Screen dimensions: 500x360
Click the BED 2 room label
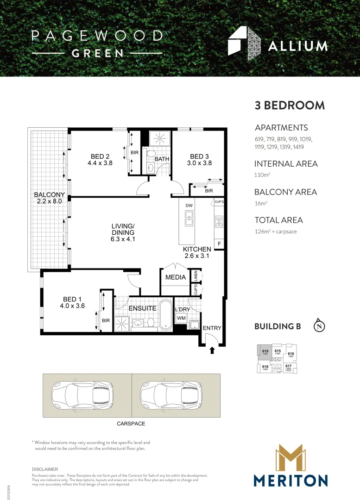[x=100, y=156]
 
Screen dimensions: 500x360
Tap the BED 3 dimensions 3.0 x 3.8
[x=199, y=163]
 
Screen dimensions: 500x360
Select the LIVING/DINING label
[x=123, y=229]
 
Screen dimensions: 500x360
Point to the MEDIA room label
[x=176, y=277]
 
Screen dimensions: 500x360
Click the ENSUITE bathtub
[x=165, y=315]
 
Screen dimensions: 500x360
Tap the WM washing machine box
[x=181, y=319]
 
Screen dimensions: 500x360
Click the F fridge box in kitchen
[x=219, y=243]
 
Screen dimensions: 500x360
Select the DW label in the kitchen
[x=189, y=206]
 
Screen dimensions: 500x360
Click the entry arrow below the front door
[x=213, y=350]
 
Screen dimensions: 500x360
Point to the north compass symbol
[x=319, y=325]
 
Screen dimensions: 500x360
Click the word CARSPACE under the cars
[x=130, y=424]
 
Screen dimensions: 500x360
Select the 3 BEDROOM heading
[x=290, y=105]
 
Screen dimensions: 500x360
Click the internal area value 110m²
[x=262, y=175]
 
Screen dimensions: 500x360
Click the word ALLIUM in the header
[x=298, y=46]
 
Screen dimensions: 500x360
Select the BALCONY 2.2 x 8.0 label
[x=49, y=198]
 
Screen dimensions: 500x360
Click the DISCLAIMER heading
[x=45, y=469]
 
